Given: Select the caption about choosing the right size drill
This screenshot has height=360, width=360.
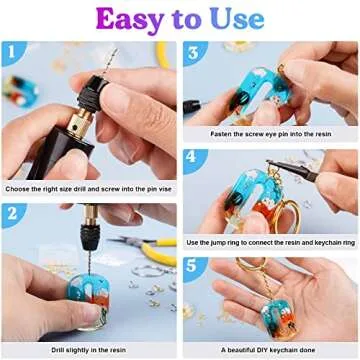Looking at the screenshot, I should tap(89, 187).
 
